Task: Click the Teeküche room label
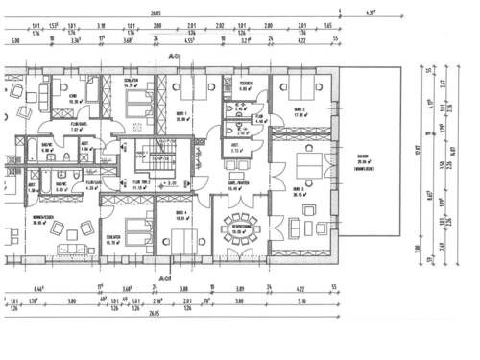pyautogui.click(x=246, y=85)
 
